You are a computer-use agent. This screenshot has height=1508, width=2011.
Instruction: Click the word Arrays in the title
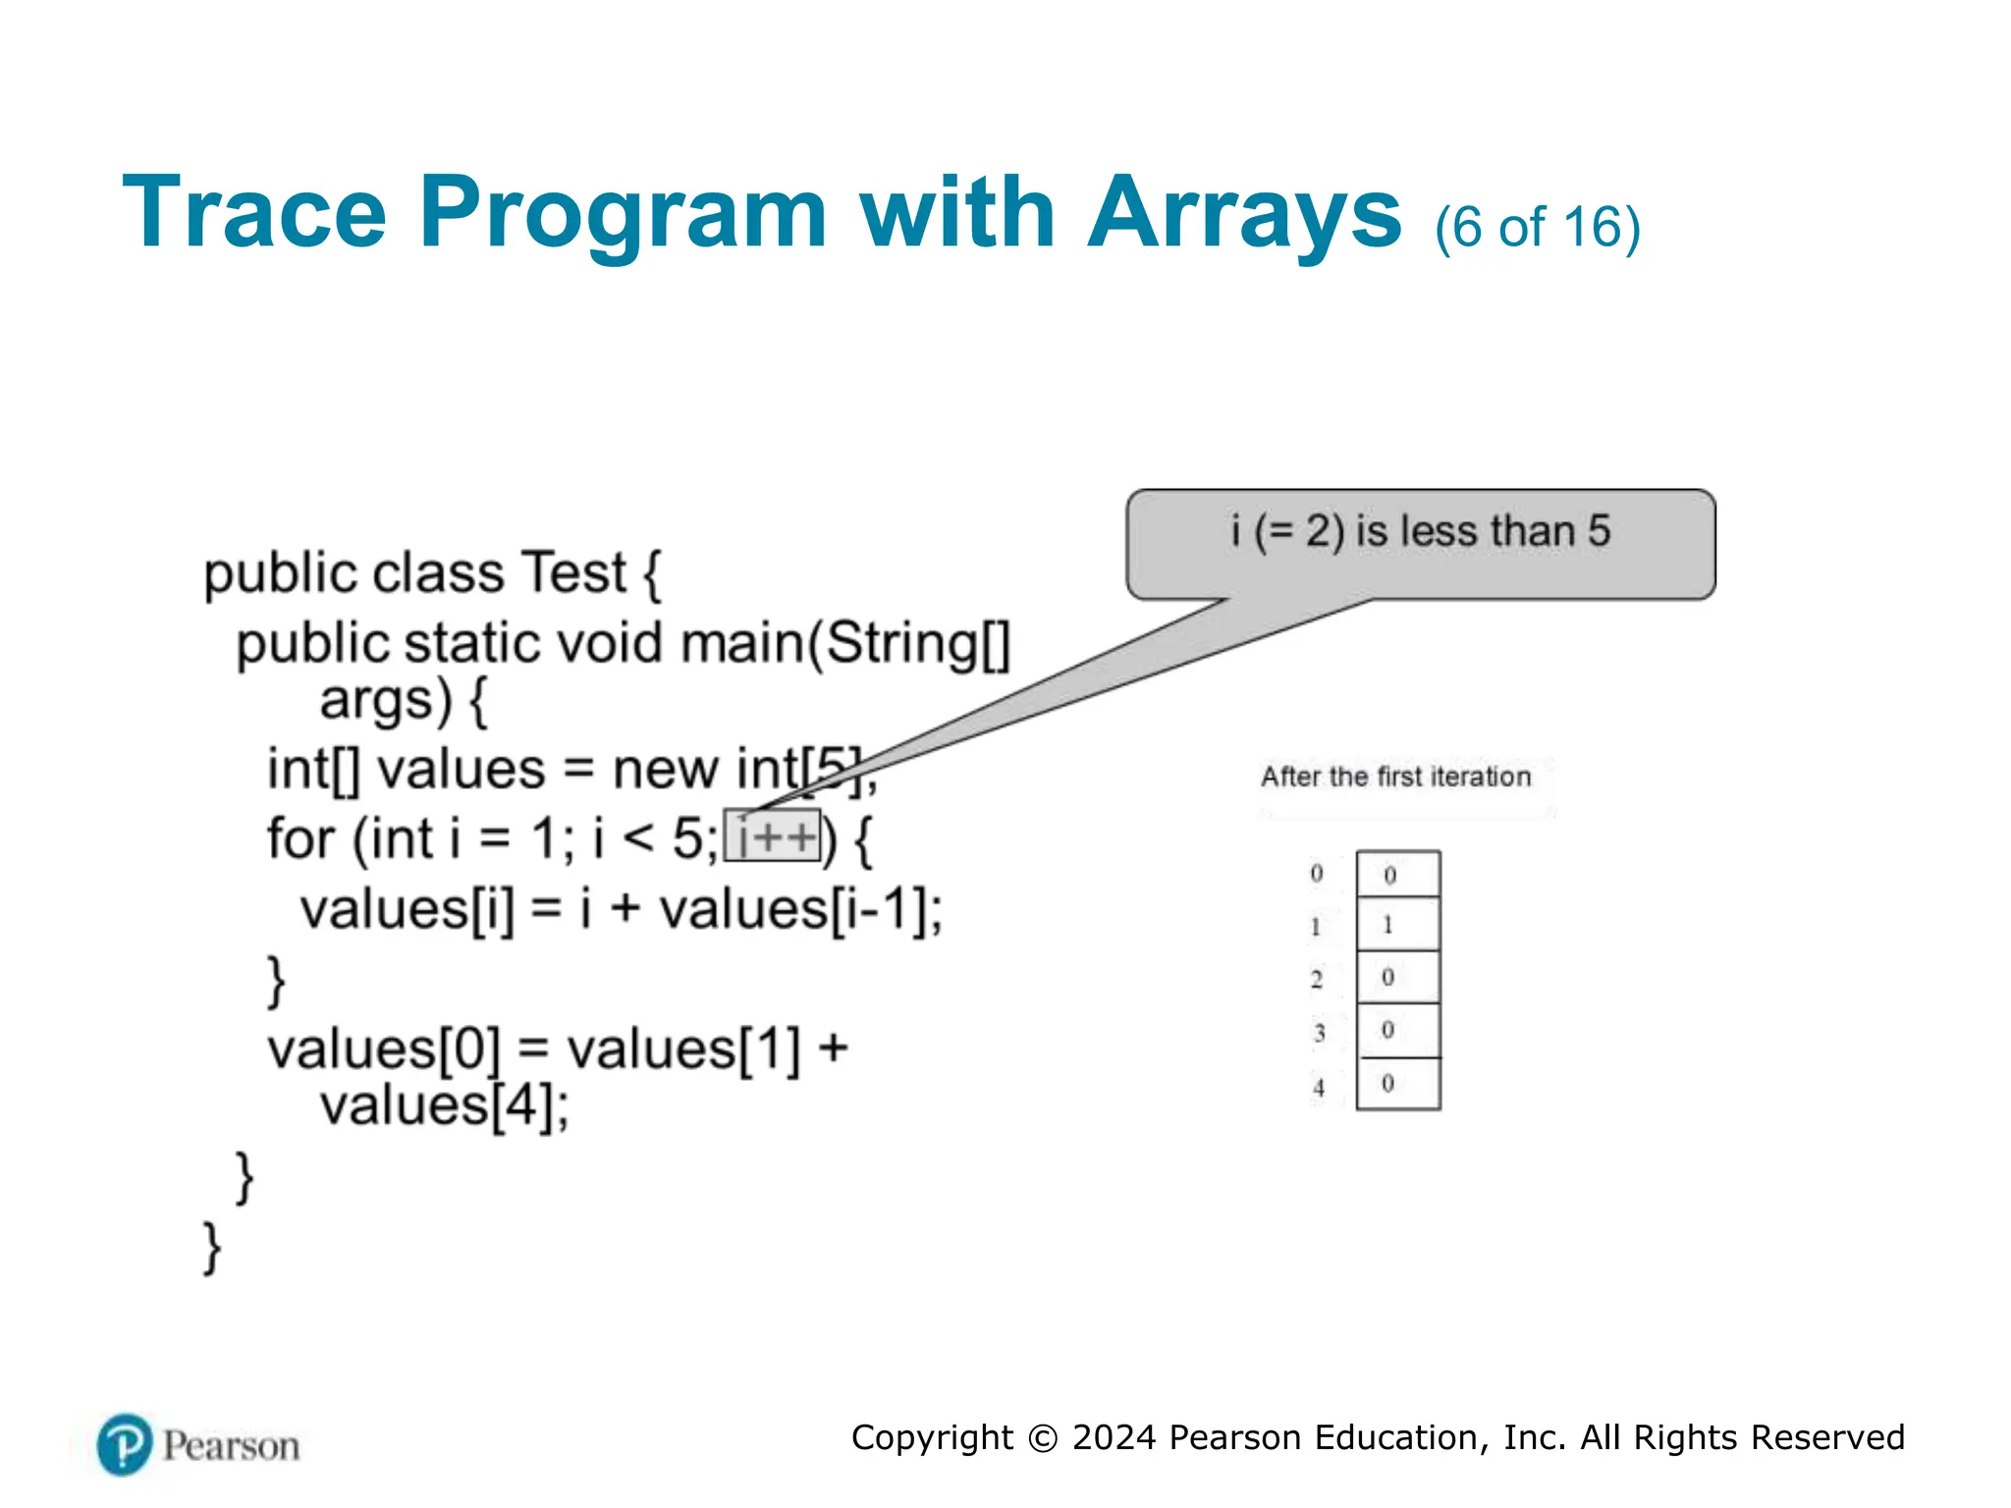pos(1244,213)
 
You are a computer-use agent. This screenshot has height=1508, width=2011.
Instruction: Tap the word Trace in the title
pos(254,213)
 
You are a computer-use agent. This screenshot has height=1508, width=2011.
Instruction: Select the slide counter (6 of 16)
pos(1537,228)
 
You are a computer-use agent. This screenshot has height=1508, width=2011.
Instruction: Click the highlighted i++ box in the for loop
pos(773,836)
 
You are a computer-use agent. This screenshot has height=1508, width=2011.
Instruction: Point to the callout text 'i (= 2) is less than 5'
pos(1420,531)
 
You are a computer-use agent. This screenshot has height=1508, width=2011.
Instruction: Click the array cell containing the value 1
pos(1397,924)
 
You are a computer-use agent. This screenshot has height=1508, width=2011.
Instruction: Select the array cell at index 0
pos(1397,874)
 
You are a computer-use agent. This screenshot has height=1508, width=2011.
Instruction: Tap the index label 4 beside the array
pos(1319,1088)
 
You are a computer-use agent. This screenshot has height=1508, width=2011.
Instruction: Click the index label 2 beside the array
pos(1317,979)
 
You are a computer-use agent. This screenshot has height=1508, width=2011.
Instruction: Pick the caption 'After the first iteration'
pos(1395,777)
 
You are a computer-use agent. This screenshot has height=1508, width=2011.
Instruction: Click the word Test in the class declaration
pos(573,572)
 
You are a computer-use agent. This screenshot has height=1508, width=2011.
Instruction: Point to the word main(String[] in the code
pos(845,644)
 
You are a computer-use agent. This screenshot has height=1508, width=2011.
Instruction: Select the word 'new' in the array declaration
pos(665,769)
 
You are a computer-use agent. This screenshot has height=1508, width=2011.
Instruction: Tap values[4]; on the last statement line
pos(444,1106)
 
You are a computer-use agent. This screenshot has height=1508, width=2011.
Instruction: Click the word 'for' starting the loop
pos(300,839)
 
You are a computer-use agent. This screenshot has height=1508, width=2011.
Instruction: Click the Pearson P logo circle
pos(125,1444)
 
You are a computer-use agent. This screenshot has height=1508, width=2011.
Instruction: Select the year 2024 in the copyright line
pos(1114,1437)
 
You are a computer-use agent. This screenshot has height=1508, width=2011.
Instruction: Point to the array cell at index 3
pos(1397,1030)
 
